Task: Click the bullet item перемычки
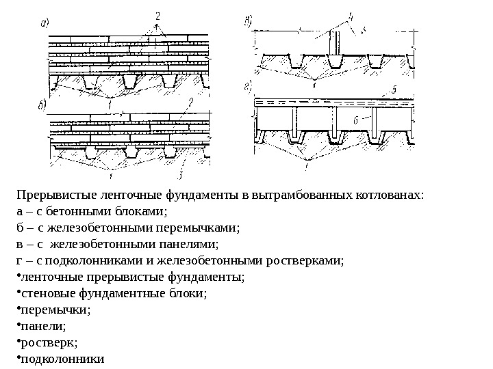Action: click(x=57, y=310)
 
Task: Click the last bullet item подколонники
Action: click(x=64, y=359)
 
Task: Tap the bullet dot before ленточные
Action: click(x=18, y=277)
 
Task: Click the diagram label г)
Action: click(x=248, y=86)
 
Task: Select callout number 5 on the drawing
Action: click(x=394, y=90)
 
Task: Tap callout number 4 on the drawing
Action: click(x=351, y=15)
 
